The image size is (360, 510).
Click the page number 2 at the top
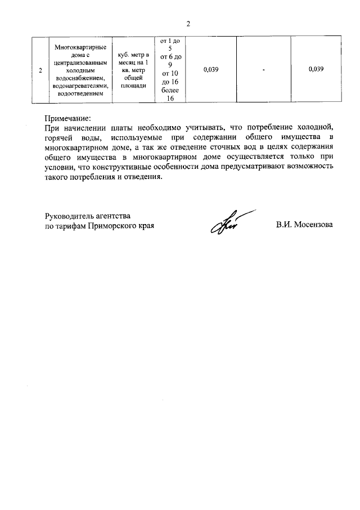point(188,24)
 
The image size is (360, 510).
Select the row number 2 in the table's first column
point(39,70)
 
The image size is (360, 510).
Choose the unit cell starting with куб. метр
point(133,70)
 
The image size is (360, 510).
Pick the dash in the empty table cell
point(263,70)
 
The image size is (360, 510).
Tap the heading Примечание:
point(67,119)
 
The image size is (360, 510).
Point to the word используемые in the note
point(133,137)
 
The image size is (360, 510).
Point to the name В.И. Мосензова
point(304,225)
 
